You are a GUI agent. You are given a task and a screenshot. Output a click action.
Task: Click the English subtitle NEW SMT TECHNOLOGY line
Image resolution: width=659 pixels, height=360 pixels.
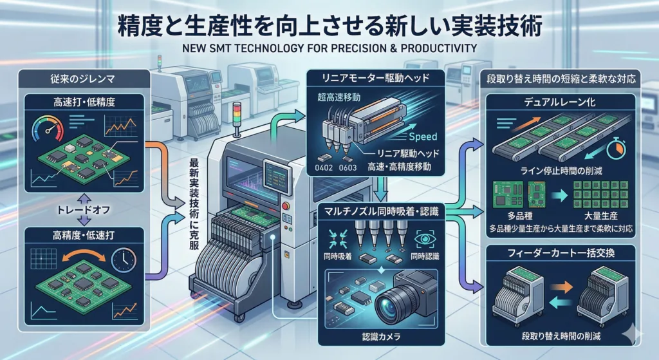(x=329, y=48)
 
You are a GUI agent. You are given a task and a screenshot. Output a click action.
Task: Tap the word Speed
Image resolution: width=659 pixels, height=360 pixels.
(x=423, y=137)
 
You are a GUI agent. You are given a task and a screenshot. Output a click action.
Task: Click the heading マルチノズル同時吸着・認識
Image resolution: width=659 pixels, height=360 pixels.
(x=380, y=211)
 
